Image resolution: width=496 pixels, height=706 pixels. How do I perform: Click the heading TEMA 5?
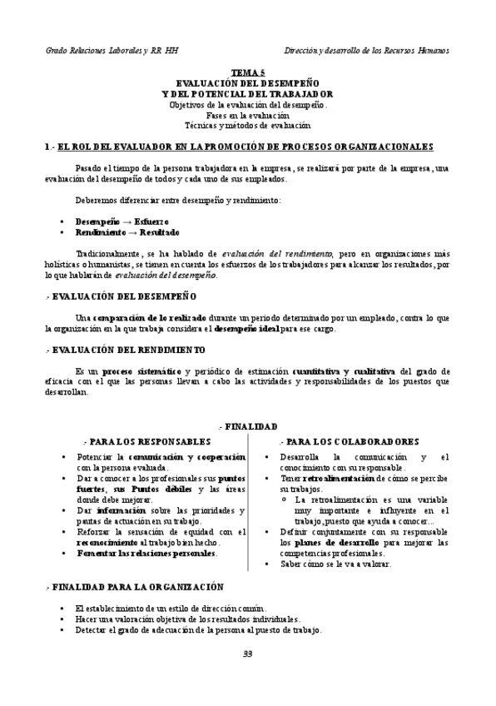247,73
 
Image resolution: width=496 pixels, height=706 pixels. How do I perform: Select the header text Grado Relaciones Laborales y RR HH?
112,50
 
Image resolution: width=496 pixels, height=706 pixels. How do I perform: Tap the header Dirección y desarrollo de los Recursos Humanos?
366,50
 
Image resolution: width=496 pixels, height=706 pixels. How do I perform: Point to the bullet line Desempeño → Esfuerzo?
122,221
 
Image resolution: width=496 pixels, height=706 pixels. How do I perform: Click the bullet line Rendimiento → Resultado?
126,232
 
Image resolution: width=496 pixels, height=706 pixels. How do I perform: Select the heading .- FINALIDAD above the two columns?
247,425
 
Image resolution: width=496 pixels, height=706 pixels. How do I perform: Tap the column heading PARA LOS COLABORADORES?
350,441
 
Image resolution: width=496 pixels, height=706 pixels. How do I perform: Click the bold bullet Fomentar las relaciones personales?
146,553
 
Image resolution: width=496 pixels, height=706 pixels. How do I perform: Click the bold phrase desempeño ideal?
247,328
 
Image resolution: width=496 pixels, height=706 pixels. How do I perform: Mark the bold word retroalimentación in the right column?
339,479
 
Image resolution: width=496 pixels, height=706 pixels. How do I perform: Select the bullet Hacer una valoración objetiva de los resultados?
187,619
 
